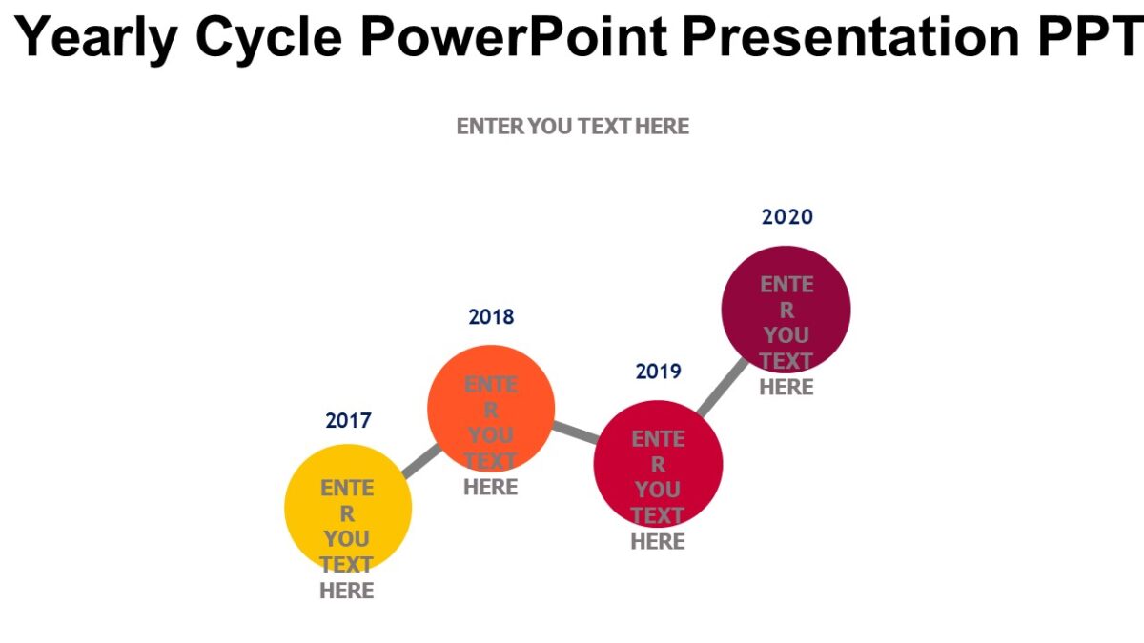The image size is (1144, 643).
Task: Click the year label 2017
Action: click(348, 420)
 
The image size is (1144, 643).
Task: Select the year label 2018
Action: click(491, 317)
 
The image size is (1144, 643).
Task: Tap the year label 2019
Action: click(659, 372)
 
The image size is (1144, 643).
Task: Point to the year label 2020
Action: click(787, 217)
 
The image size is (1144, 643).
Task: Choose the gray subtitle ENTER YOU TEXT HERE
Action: click(572, 127)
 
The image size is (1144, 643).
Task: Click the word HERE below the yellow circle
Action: click(347, 592)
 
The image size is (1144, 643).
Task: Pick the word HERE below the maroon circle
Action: click(786, 388)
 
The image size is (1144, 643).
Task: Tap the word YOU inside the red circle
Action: click(658, 490)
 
